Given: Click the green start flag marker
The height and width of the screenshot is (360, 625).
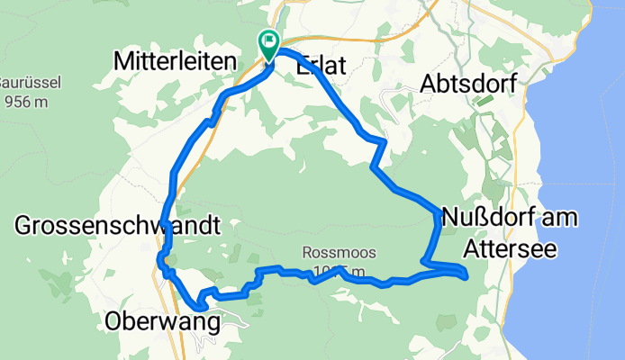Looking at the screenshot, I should (x=269, y=42).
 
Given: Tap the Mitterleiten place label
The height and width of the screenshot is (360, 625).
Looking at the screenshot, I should (x=175, y=61).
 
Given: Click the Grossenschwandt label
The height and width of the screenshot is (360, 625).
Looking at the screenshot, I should (x=117, y=226).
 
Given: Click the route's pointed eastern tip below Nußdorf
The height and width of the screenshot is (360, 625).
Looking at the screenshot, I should (x=466, y=275).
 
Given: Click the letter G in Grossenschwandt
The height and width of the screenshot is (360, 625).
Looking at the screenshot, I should (x=23, y=226).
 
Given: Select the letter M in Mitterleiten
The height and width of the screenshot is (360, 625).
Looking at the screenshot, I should (x=123, y=61).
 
